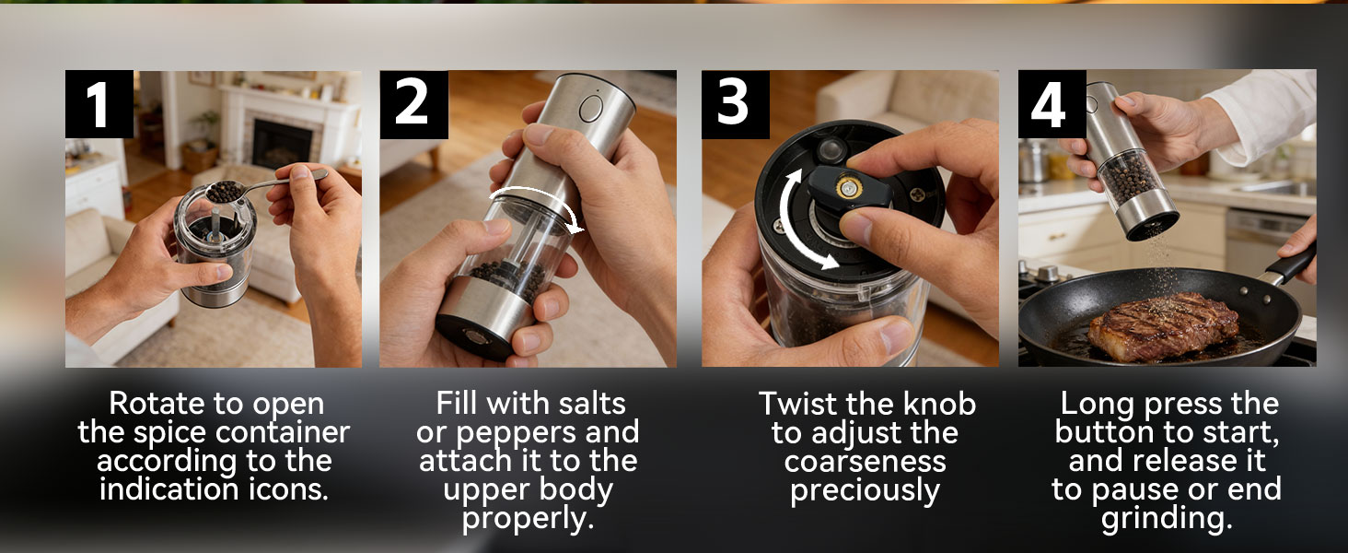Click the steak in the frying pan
(x=1164, y=325)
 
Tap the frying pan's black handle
(x=1289, y=266)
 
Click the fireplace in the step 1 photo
(x=281, y=141)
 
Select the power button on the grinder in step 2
(x=591, y=109)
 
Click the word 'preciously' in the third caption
(x=866, y=490)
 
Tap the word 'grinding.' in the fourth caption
(x=1167, y=519)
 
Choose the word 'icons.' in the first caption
(x=288, y=488)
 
